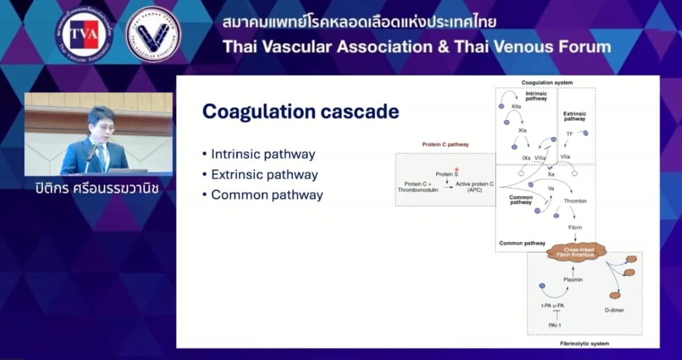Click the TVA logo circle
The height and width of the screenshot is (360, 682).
click(x=84, y=34)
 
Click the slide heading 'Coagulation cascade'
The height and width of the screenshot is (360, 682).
click(x=300, y=111)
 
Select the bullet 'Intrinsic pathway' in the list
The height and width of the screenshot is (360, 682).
click(x=263, y=154)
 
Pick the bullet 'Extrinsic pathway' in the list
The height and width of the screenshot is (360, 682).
click(x=264, y=175)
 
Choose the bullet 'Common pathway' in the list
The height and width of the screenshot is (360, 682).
click(x=267, y=195)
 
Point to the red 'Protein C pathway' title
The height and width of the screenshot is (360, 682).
click(x=445, y=144)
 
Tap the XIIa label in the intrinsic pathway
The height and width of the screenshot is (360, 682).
click(x=516, y=106)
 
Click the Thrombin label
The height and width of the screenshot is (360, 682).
click(x=575, y=201)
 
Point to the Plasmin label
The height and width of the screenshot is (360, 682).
click(x=572, y=279)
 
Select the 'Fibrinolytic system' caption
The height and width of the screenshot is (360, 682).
click(x=584, y=344)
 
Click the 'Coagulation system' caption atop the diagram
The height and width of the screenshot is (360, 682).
click(x=547, y=82)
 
